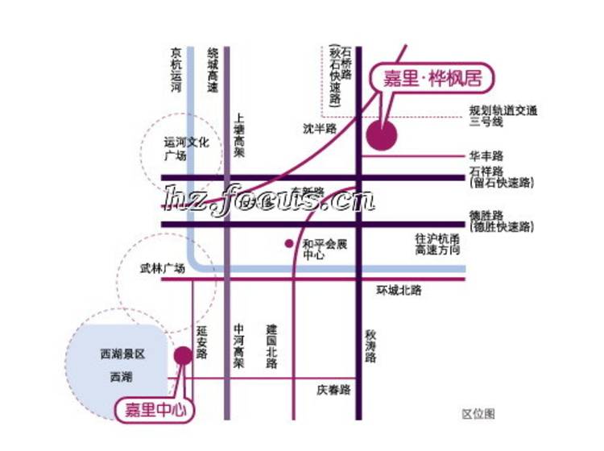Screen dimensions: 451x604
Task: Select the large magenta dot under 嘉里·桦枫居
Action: tap(381, 135)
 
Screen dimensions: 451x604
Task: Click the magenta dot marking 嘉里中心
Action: tap(184, 355)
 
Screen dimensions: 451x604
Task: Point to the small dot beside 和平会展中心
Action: tap(288, 242)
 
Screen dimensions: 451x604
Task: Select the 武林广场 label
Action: tap(162, 270)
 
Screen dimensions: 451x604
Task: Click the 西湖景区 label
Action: tap(122, 354)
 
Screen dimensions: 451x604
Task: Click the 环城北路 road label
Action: tap(399, 290)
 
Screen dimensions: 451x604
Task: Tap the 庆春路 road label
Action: tap(333, 390)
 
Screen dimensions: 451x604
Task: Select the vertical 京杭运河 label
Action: tap(176, 70)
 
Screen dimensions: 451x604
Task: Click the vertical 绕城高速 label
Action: tap(213, 69)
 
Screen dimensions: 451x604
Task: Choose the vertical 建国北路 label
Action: tap(271, 346)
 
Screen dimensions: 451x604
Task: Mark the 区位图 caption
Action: tap(478, 413)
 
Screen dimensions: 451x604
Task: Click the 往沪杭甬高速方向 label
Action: tap(441, 245)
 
